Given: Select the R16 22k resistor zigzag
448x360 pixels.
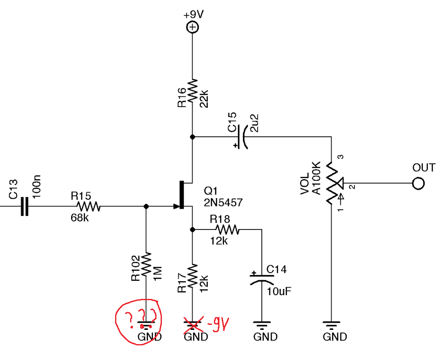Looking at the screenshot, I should [192, 92].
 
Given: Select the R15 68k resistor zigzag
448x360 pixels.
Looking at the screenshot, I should [88, 207].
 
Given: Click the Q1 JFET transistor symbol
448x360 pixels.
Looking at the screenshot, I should [182, 195].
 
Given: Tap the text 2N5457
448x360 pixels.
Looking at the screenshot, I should [224, 203].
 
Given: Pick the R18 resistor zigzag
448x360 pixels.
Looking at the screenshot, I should [227, 230].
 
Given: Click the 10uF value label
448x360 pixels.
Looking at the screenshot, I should [278, 291].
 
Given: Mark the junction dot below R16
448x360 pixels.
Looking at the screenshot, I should [192, 136].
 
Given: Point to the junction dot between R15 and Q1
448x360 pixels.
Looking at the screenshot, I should [146, 207].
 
